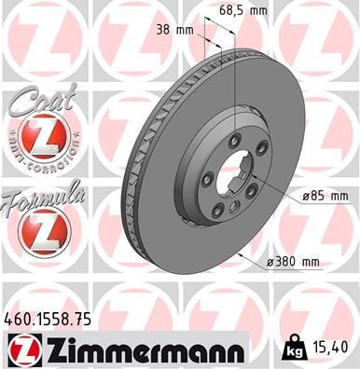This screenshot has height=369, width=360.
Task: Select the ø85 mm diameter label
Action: click(x=324, y=196)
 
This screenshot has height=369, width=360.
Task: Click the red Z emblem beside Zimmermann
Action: click(x=20, y=349)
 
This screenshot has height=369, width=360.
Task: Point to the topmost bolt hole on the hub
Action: click(x=228, y=143)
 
